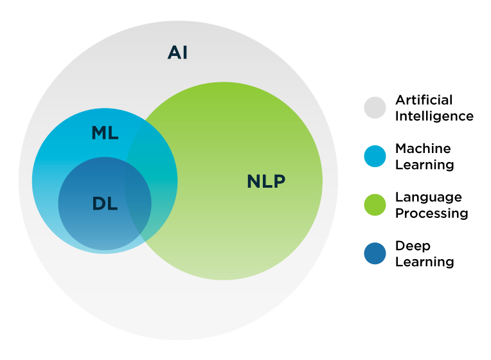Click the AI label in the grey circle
[x=177, y=52]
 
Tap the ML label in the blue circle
[x=105, y=133]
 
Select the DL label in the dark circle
[x=105, y=204]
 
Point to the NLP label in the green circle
[x=265, y=181]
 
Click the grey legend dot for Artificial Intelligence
[x=375, y=108]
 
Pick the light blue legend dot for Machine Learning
[x=375, y=156]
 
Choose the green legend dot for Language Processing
[x=375, y=205]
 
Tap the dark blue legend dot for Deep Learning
[x=375, y=253]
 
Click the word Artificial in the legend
[x=424, y=100]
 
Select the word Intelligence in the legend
[x=434, y=116]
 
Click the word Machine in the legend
[x=423, y=148]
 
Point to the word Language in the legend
[x=428, y=197]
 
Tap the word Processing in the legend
[x=431, y=213]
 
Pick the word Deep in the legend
[x=413, y=246]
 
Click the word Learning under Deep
[x=424, y=262]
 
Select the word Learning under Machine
[x=424, y=165]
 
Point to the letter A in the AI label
[x=174, y=52]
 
